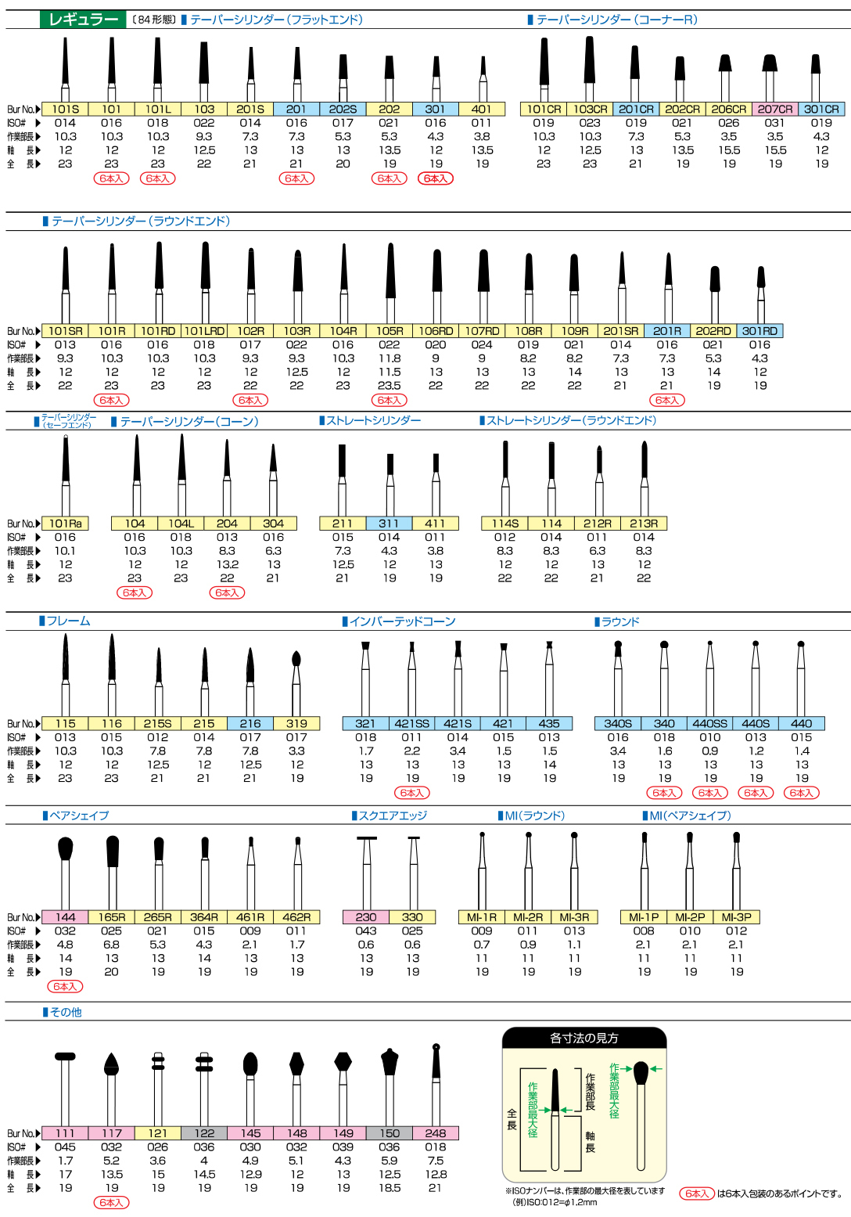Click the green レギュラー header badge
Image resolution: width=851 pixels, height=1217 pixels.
point(82,20)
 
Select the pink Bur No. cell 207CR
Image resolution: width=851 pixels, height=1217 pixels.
point(775,110)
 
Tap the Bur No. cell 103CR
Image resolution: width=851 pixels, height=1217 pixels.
point(590,110)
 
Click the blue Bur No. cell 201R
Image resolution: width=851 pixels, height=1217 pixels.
point(667,331)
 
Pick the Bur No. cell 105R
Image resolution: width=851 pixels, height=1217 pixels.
point(390,331)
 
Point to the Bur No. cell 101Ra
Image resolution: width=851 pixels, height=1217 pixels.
point(65,524)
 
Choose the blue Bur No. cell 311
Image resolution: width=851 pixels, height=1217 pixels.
point(389,524)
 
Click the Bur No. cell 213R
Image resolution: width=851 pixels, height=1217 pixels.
point(644,524)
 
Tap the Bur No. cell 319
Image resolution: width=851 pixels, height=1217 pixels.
point(296,724)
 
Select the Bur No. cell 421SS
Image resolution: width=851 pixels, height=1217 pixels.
point(411,724)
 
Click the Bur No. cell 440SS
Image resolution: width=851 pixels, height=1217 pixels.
point(710,724)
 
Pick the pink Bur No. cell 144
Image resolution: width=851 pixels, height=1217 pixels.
point(65,917)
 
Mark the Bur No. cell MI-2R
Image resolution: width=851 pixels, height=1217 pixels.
point(528,917)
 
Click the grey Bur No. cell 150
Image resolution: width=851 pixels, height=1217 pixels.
point(390,1133)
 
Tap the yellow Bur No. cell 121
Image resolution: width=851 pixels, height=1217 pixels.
point(158,1133)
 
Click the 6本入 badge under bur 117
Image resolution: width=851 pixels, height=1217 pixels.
point(112,1202)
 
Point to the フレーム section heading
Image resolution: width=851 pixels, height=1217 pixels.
point(68,621)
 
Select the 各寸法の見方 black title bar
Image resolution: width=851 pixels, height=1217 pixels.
point(584,1039)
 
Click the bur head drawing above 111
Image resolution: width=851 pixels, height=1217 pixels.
point(65,1057)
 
